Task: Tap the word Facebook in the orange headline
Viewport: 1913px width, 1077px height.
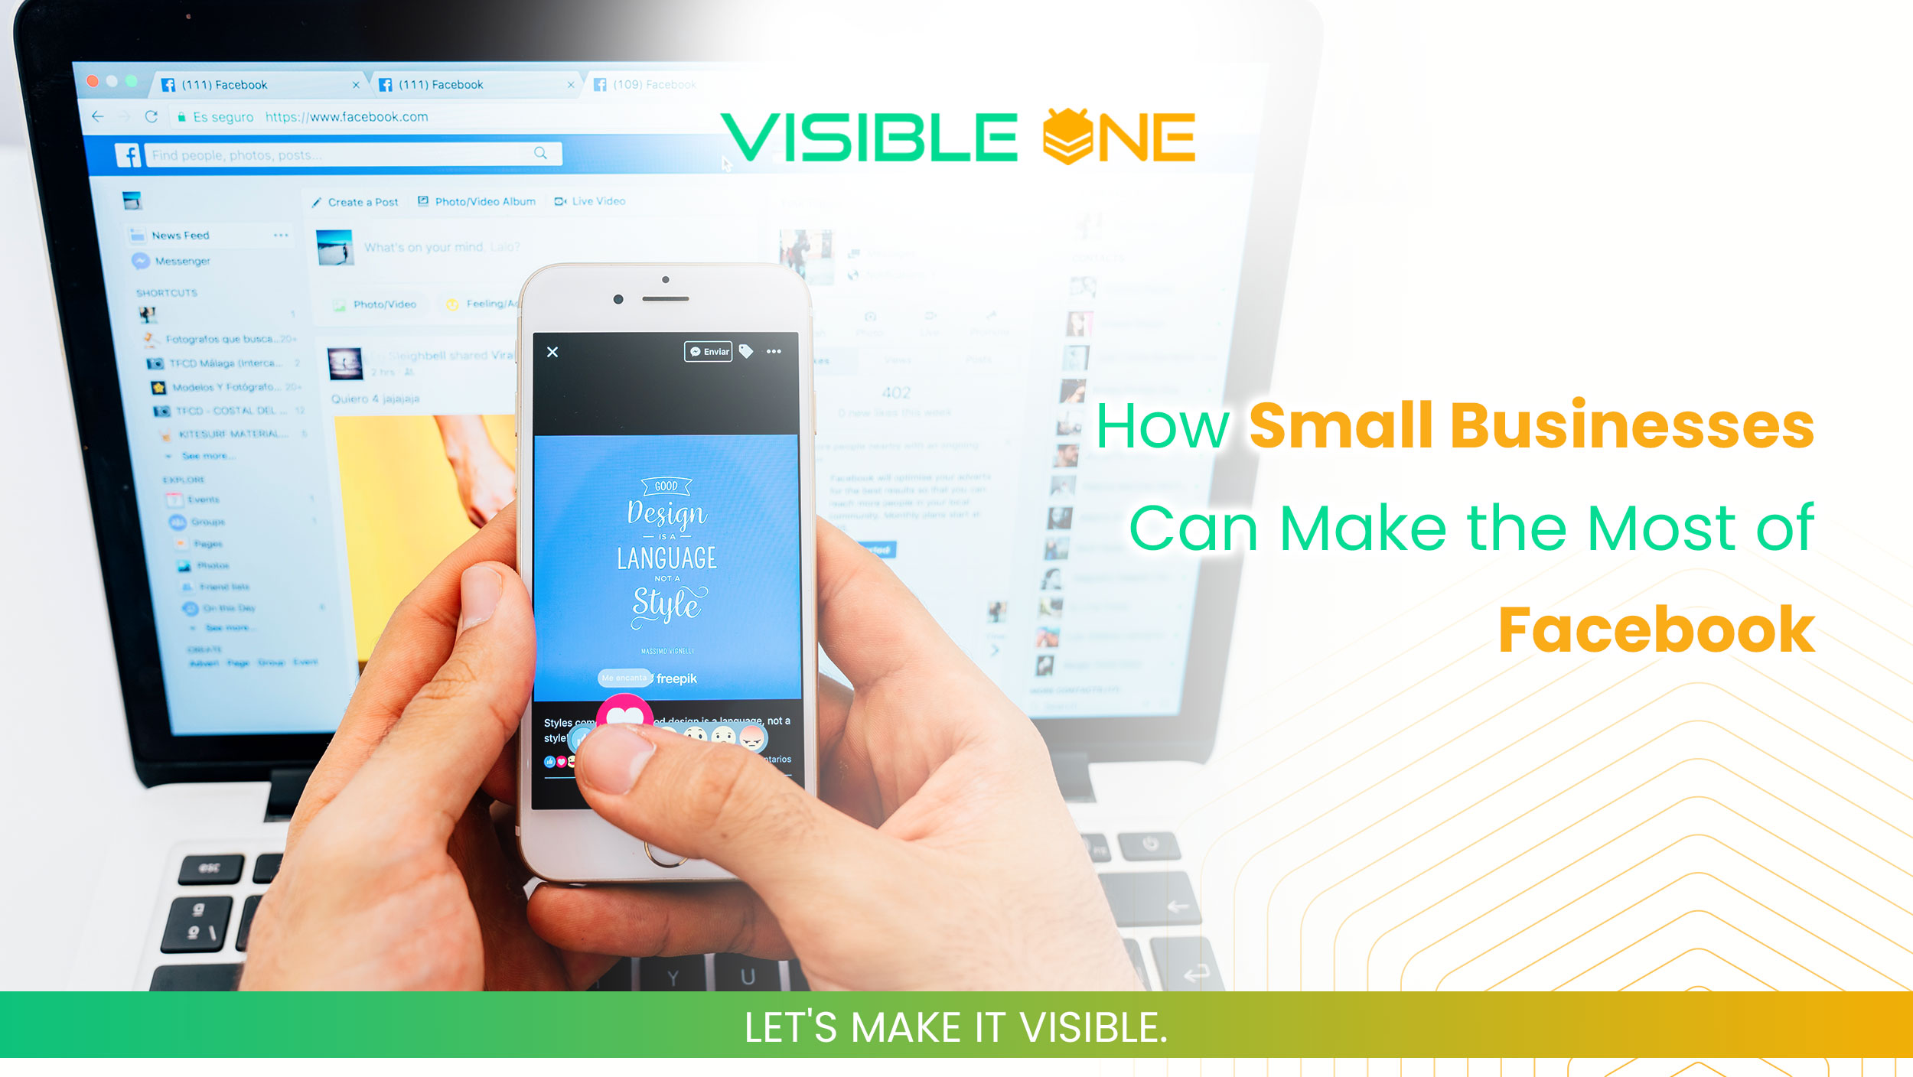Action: pyautogui.click(x=1656, y=630)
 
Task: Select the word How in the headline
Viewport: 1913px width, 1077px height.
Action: pyautogui.click(x=1162, y=427)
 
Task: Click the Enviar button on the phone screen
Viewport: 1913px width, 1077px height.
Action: pyautogui.click(x=709, y=351)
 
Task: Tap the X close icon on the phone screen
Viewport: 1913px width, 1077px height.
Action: pyautogui.click(x=552, y=352)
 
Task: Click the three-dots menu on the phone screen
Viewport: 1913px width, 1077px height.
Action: pyautogui.click(x=774, y=352)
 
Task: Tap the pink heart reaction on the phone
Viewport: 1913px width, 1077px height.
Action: pyautogui.click(x=625, y=714)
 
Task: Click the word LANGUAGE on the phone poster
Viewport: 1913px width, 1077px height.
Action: pyautogui.click(x=666, y=558)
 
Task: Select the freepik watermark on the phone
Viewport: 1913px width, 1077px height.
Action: pyautogui.click(x=676, y=678)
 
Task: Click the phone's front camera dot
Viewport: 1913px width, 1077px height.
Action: pyautogui.click(x=618, y=299)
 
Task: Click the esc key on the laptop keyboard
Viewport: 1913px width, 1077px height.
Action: pyautogui.click(x=210, y=868)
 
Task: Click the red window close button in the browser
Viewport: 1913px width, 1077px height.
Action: pyautogui.click(x=93, y=81)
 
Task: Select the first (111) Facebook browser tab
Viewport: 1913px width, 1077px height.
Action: pyautogui.click(x=225, y=85)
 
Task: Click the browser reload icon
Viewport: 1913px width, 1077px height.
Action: pyautogui.click(x=152, y=117)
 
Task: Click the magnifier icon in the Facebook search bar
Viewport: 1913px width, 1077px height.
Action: pyautogui.click(x=540, y=153)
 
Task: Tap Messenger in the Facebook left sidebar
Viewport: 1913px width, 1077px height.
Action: pyautogui.click(x=182, y=261)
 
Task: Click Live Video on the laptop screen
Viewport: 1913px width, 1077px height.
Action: pyautogui.click(x=598, y=201)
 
